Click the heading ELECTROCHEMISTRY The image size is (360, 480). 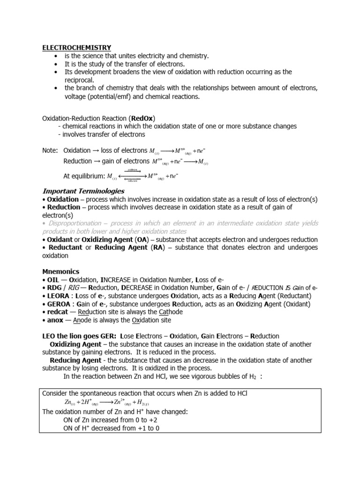click(77, 47)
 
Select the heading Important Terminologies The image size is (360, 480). click(83, 191)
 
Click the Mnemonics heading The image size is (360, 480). click(61, 271)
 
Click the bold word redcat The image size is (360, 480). click(57, 312)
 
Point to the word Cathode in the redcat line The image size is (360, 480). click(170, 312)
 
